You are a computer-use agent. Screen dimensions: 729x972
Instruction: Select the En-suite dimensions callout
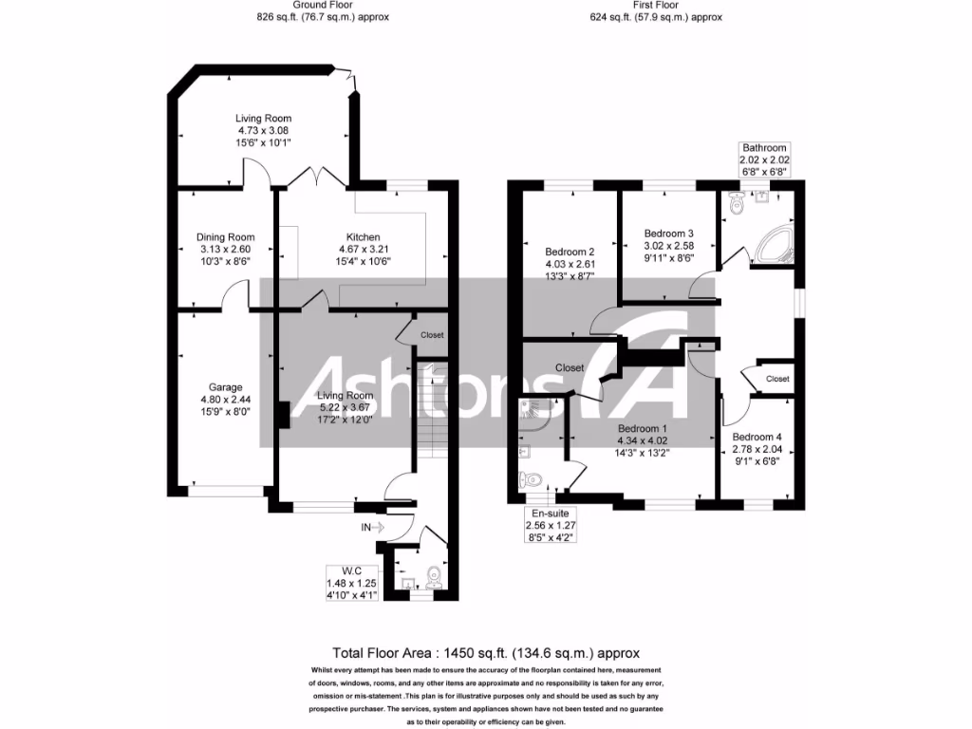tap(549, 524)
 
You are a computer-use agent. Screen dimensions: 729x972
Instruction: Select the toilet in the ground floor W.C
tap(436, 577)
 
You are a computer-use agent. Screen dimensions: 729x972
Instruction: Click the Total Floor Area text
tap(486, 653)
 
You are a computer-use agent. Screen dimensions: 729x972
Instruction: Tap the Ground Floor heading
tap(323, 10)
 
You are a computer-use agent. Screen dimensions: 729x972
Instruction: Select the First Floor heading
tap(656, 10)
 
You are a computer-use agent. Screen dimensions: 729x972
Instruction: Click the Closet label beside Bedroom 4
tap(776, 379)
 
